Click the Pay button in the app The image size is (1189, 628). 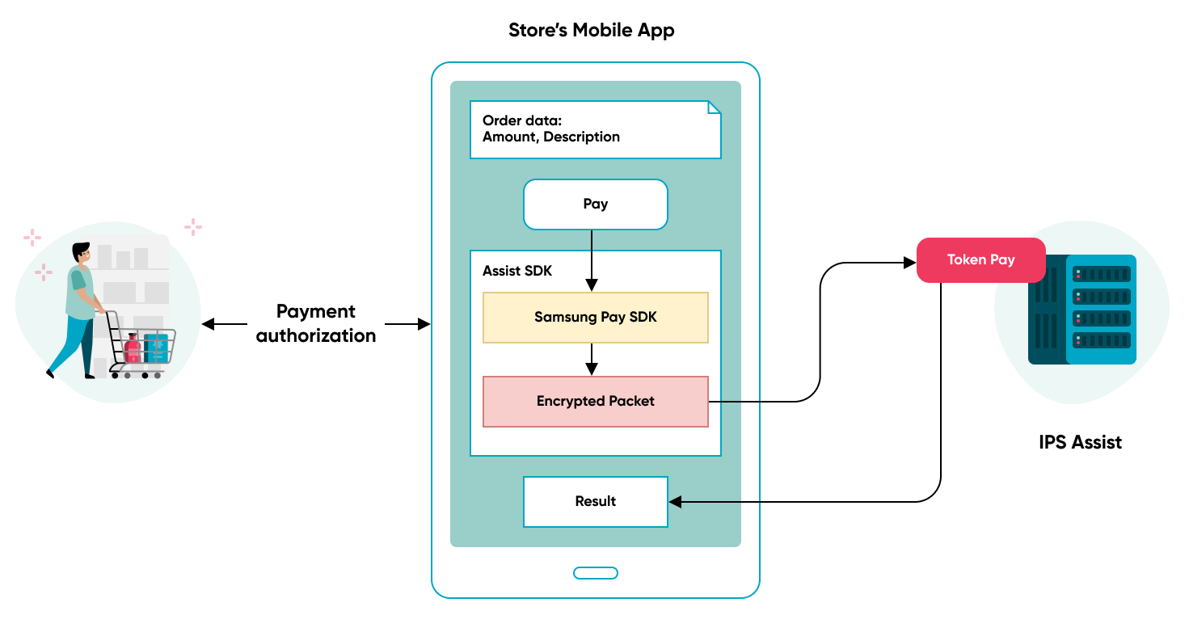(596, 204)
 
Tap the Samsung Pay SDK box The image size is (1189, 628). (596, 318)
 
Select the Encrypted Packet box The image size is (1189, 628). (596, 402)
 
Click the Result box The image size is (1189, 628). (596, 502)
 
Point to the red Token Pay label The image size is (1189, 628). (980, 260)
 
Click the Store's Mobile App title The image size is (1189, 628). (591, 31)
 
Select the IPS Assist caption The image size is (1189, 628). (1080, 442)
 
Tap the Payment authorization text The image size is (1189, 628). (316, 323)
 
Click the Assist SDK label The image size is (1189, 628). (517, 272)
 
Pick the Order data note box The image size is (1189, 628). (595, 129)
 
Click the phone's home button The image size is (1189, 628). (596, 573)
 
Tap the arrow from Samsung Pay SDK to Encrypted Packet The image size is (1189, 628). (592, 359)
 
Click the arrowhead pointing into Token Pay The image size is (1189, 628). (910, 263)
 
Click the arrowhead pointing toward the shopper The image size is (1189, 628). (208, 324)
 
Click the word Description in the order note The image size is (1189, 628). (581, 137)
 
